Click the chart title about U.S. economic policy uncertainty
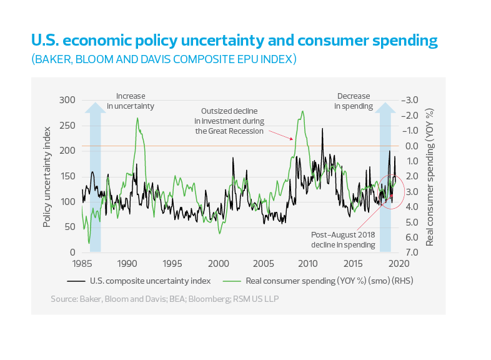[x=234, y=42]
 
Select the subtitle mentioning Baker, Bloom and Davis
[x=163, y=60]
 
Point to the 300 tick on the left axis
[x=66, y=100]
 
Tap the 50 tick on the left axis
[x=69, y=227]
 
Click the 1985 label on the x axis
[x=82, y=263]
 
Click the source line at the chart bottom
[x=165, y=299]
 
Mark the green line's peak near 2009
[x=303, y=112]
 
